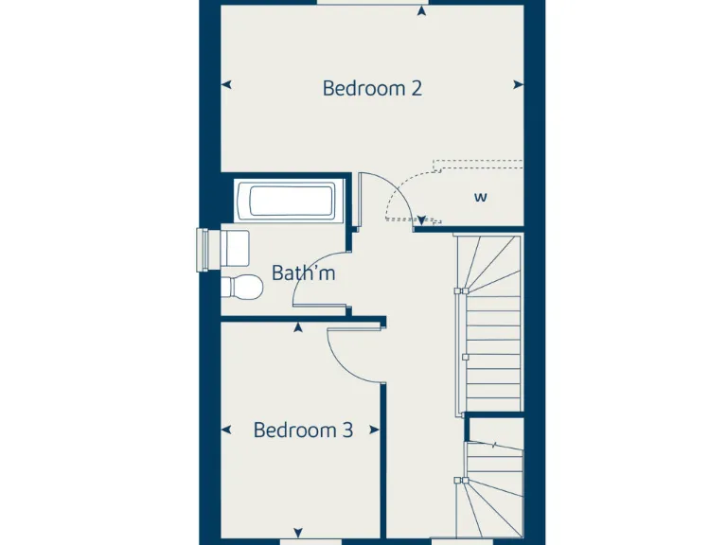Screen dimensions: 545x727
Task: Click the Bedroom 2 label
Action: click(371, 89)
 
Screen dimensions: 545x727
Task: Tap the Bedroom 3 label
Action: click(303, 431)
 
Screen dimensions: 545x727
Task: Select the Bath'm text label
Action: click(303, 273)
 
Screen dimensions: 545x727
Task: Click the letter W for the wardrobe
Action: click(481, 198)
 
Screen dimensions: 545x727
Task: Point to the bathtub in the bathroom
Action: click(291, 201)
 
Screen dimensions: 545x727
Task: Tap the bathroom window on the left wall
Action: click(202, 250)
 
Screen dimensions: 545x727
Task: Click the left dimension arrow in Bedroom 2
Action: click(226, 85)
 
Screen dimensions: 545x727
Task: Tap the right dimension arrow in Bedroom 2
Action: click(518, 85)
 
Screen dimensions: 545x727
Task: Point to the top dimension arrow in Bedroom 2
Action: click(419, 10)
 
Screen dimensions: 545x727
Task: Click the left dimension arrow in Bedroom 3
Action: click(226, 431)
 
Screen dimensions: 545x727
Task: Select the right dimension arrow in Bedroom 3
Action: click(377, 431)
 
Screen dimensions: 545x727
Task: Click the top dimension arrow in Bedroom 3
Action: click(299, 327)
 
